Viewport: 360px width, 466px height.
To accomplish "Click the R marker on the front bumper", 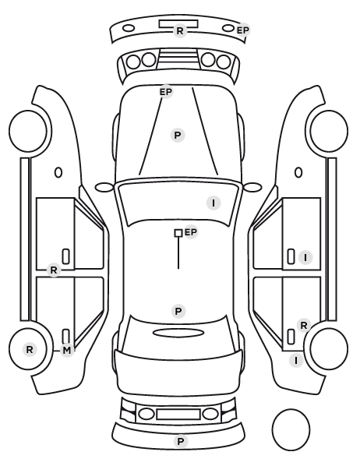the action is (180, 30).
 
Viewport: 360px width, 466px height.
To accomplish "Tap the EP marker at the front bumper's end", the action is (243, 30).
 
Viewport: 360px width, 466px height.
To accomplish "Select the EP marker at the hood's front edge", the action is (166, 92).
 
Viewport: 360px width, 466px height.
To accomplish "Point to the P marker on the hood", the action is (178, 136).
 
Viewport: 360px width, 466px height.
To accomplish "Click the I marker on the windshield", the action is (214, 203).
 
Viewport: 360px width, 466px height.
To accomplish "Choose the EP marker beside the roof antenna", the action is (191, 231).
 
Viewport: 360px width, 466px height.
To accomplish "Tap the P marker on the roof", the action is (178, 312).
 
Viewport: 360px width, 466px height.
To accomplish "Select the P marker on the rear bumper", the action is (181, 442).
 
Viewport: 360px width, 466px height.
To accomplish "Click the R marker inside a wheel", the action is (30, 349).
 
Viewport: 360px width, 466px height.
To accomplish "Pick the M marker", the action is (67, 351).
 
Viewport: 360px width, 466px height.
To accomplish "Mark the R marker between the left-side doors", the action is (54, 270).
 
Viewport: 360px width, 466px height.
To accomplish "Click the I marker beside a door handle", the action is (305, 258).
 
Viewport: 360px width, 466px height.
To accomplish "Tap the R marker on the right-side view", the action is (304, 326).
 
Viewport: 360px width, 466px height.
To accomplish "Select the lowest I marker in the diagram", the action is (296, 361).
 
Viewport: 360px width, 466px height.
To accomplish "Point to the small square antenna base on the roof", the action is (178, 233).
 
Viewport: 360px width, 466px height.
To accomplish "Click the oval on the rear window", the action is (178, 333).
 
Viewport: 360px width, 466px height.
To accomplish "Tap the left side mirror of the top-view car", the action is (104, 188).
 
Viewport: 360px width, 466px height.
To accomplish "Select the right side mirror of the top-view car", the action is (252, 187).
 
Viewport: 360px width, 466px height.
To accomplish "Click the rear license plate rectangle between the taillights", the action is (178, 414).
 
